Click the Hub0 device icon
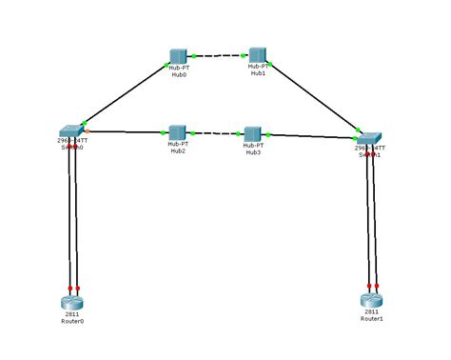tap(178, 56)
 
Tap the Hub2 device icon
tap(178, 131)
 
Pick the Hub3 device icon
tap(253, 133)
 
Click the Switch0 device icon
tap(71, 130)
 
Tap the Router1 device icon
tap(371, 300)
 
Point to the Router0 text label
tap(73, 321)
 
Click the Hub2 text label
tap(178, 150)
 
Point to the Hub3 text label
tap(253, 151)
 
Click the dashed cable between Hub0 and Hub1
tap(218, 56)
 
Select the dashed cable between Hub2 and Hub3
tap(216, 133)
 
